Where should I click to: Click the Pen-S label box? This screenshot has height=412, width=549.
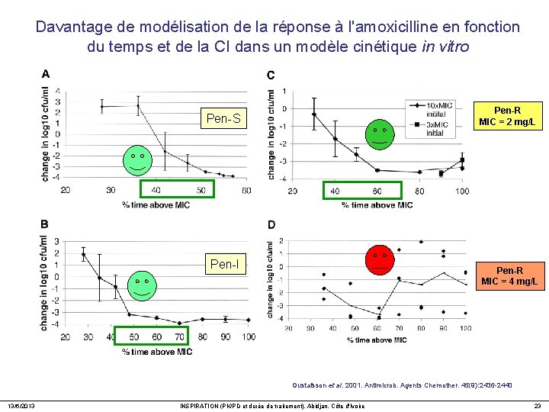click(223, 118)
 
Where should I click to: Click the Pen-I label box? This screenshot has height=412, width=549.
click(223, 265)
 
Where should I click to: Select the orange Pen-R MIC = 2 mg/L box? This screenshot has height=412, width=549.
click(507, 115)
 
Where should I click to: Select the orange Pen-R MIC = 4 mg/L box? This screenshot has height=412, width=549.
click(509, 275)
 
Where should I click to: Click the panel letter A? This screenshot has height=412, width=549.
click(46, 74)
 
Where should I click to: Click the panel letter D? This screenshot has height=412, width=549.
click(272, 224)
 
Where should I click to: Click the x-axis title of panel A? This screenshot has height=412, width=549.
click(156, 204)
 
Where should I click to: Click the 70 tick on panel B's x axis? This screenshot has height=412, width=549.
click(179, 336)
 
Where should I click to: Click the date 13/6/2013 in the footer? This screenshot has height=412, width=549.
click(21, 405)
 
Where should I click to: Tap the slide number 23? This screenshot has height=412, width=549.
click(537, 405)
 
